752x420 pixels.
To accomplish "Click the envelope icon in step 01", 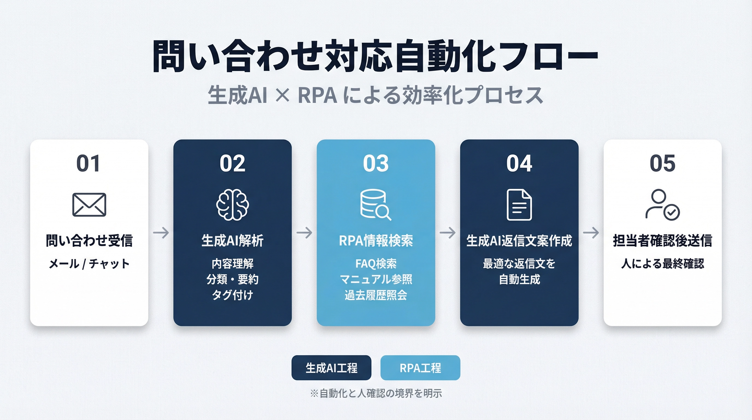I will [x=89, y=205].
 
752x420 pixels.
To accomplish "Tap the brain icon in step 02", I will [x=232, y=205].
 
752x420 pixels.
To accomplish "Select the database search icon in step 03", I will [x=375, y=205].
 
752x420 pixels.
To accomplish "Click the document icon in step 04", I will [x=519, y=205].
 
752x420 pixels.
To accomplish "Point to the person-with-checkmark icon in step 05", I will [x=662, y=205].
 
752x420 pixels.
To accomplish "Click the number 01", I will [x=89, y=163].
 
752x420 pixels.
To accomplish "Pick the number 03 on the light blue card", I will [x=376, y=163].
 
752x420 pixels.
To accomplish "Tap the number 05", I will [x=662, y=163].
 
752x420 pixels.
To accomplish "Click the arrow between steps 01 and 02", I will [x=161, y=233].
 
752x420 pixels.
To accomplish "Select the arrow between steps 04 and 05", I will [x=591, y=233].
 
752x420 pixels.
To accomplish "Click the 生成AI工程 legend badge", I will [x=331, y=368].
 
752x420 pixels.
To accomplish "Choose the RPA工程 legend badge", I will [x=420, y=368].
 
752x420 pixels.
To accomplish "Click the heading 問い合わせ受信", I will [x=89, y=241].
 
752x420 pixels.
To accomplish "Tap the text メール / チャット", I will [x=89, y=264].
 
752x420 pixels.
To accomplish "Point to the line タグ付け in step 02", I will [x=232, y=295].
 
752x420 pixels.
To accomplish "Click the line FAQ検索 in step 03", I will [x=376, y=264].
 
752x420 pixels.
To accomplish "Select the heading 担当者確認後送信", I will [x=662, y=241].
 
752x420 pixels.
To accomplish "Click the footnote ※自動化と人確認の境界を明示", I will [x=376, y=393].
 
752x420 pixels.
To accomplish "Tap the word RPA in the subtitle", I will [x=317, y=95].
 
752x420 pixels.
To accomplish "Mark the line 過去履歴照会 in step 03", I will [x=376, y=295].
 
